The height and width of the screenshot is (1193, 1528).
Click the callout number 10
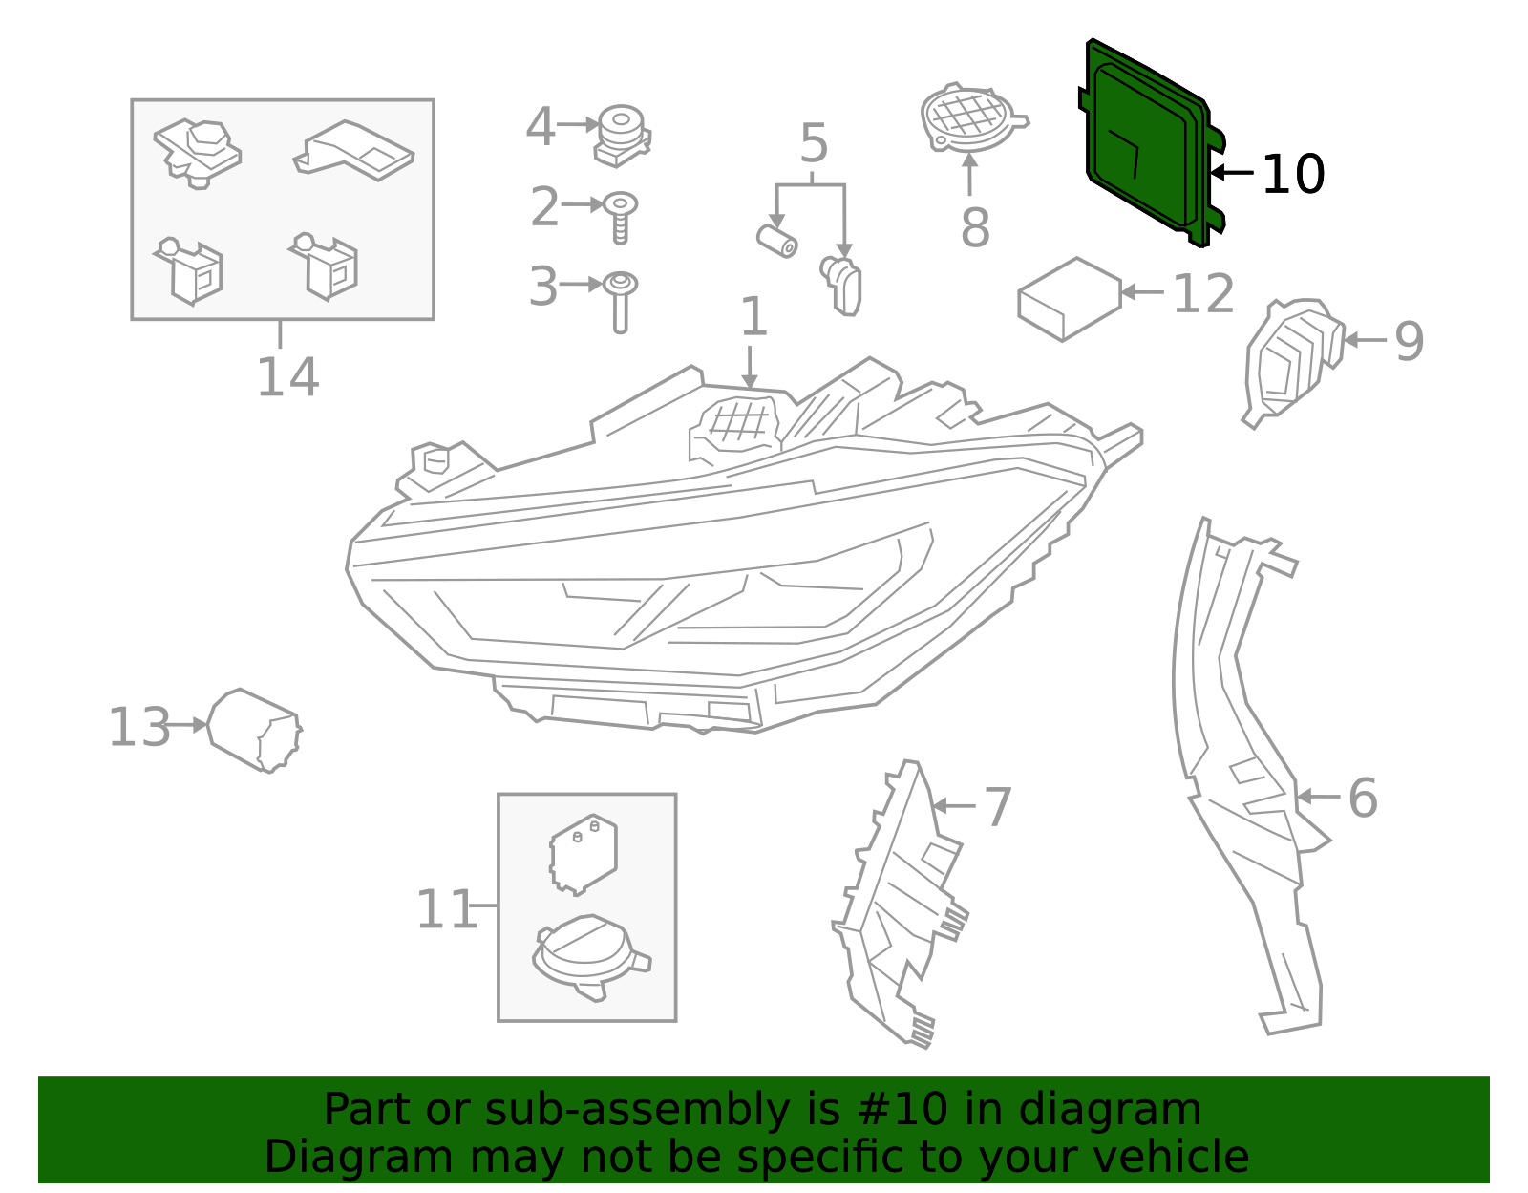[1293, 175]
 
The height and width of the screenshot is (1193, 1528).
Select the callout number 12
[1203, 294]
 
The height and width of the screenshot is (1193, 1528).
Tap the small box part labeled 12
[1069, 299]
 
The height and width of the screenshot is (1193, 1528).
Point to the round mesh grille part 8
[968, 118]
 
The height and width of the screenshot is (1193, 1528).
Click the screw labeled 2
[621, 216]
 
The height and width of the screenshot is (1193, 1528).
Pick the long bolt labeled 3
[621, 301]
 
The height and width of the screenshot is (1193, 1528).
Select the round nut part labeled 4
[622, 134]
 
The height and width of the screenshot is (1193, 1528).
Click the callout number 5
[813, 144]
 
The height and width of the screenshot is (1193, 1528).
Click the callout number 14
[287, 377]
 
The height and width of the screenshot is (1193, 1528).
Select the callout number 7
[997, 807]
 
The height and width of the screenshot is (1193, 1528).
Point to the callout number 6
[1363, 798]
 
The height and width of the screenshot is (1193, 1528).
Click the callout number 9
[1409, 341]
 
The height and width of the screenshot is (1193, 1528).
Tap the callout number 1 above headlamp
[753, 317]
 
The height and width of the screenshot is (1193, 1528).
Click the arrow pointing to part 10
[1232, 173]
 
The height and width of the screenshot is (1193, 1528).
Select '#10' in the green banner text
[903, 1110]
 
